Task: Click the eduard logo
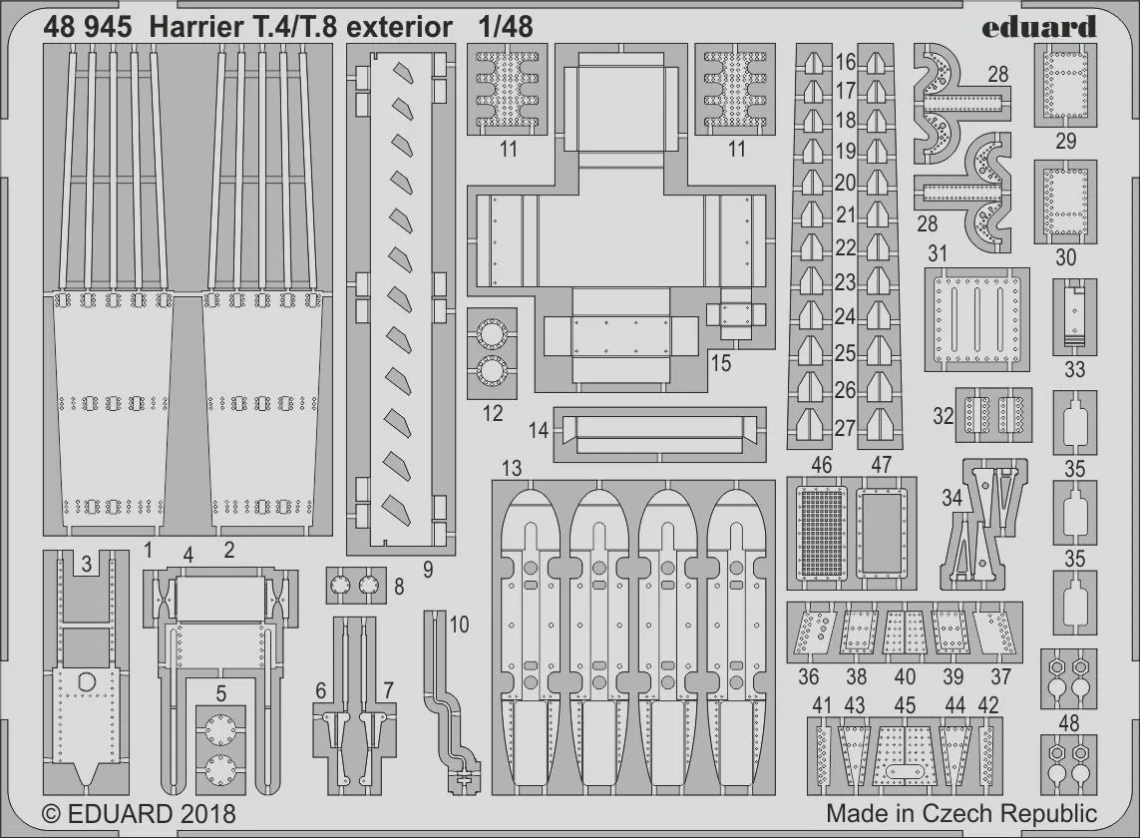point(1038,27)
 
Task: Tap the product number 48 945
point(87,27)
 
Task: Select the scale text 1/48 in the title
point(504,27)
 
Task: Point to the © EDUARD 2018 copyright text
point(139,813)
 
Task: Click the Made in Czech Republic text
point(960,813)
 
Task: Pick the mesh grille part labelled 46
point(822,532)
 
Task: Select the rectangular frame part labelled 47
point(882,532)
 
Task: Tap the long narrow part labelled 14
point(658,434)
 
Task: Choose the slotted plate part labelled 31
point(976,319)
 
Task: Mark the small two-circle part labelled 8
point(355,586)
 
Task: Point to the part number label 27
point(845,428)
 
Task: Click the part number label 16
point(845,63)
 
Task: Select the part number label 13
point(512,468)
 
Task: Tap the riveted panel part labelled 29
point(1065,85)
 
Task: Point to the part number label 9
point(427,570)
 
